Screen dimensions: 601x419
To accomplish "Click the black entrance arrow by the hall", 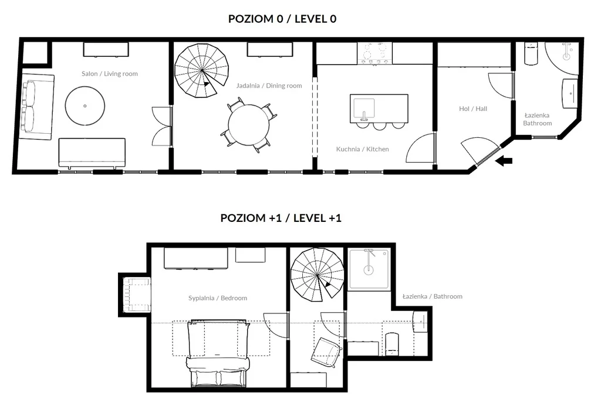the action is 504,161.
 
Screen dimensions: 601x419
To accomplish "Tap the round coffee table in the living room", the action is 85,106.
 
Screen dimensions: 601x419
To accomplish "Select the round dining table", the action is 249,125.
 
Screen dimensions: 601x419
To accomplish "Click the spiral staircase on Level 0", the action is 202,70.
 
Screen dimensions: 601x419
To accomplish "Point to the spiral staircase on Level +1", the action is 318,275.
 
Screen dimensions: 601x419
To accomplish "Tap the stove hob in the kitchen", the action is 374,53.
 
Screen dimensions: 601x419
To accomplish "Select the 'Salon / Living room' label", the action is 110,73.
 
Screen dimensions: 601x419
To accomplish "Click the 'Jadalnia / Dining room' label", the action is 269,86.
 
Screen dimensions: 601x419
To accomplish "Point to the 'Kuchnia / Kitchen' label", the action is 363,149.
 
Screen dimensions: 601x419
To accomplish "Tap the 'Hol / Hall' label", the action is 473,109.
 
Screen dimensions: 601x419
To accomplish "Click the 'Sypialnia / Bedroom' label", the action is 218,298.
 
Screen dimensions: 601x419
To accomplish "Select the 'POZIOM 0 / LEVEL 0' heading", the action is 282,19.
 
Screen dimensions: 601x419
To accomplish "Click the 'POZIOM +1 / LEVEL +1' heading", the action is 281,218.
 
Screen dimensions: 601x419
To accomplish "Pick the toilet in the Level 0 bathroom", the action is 531,53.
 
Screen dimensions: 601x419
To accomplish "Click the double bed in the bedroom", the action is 217,353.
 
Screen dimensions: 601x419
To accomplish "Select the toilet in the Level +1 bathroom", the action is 392,344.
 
